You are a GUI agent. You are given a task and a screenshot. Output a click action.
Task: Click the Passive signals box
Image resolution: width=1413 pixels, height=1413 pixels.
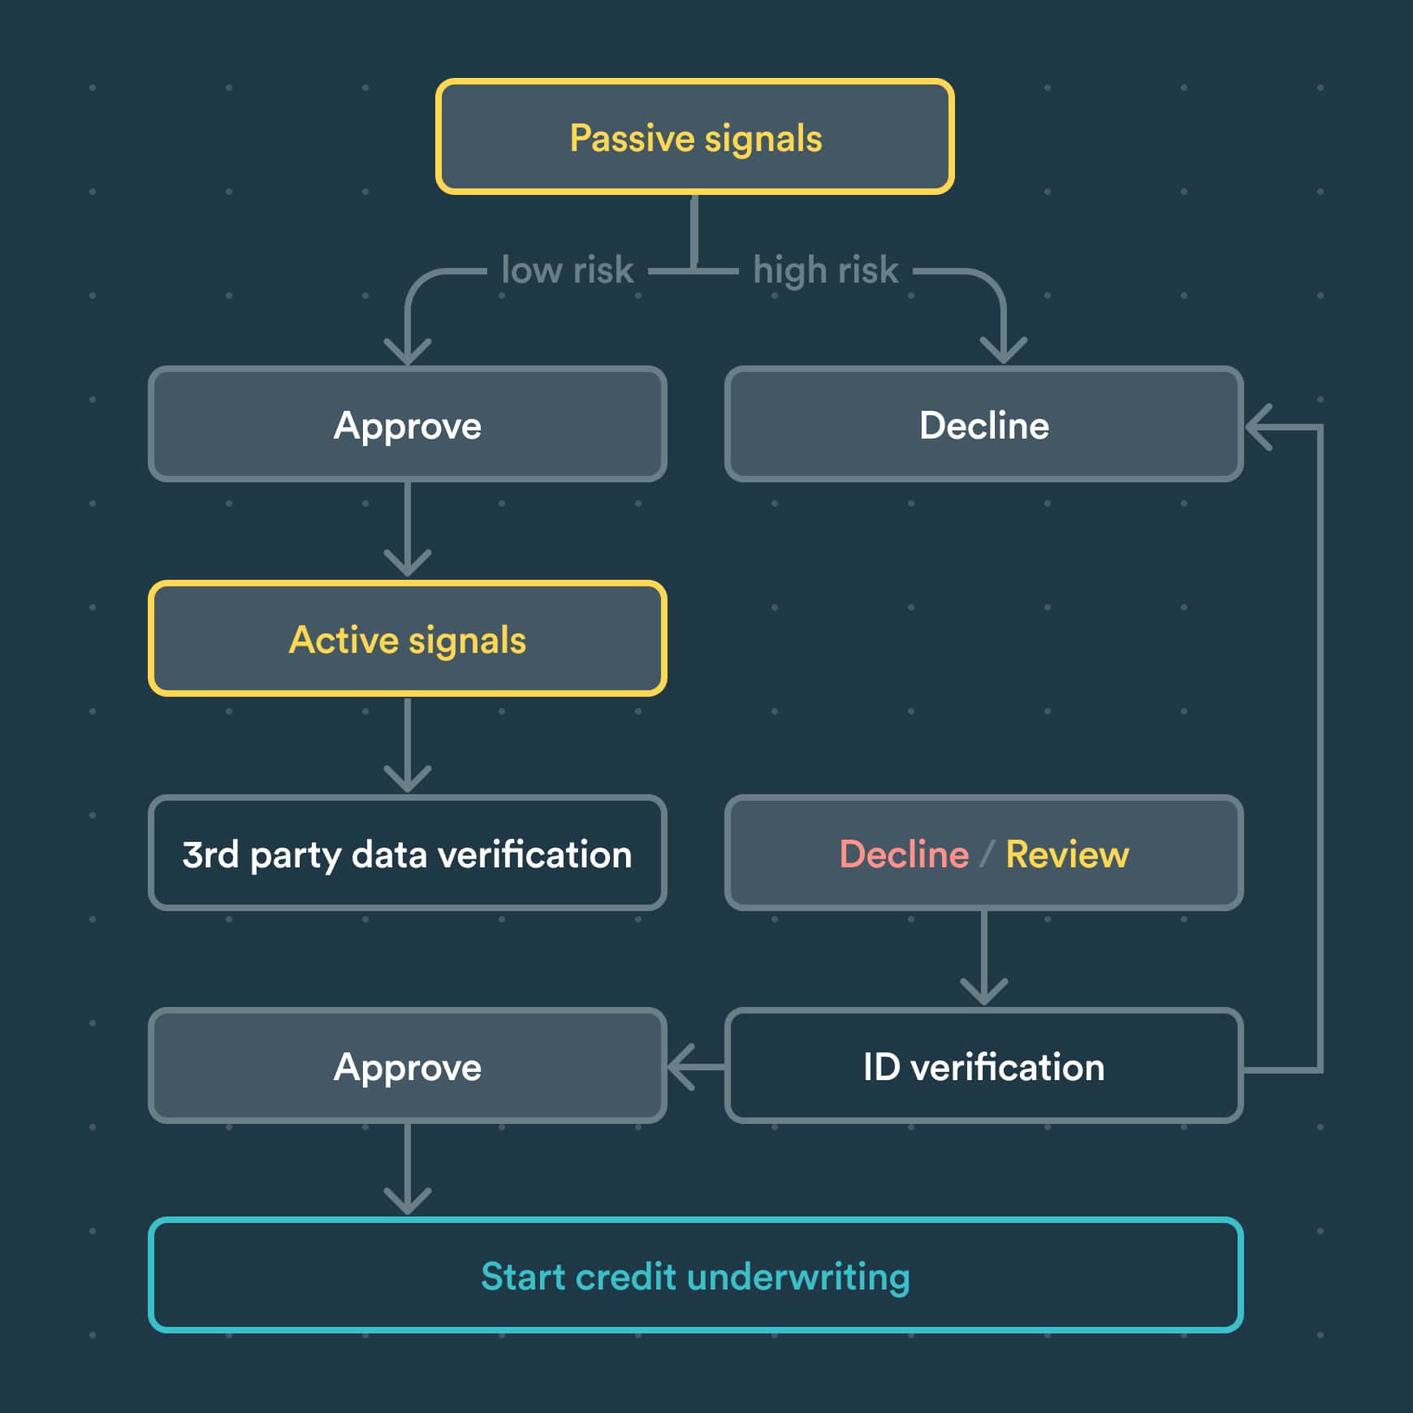tap(694, 136)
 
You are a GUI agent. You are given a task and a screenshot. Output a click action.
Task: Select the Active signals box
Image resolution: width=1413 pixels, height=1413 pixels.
tap(407, 638)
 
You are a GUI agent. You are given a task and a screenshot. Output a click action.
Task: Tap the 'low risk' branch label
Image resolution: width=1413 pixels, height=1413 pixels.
tap(567, 270)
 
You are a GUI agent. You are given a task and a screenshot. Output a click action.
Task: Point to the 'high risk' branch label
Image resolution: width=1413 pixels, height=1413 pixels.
tap(825, 270)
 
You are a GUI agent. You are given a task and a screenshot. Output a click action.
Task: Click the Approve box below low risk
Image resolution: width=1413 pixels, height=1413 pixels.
tap(407, 424)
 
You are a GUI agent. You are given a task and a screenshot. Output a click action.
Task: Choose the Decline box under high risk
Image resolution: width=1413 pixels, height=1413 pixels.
tap(983, 424)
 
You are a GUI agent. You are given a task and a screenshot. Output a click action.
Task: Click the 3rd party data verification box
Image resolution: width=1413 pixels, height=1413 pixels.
tap(407, 853)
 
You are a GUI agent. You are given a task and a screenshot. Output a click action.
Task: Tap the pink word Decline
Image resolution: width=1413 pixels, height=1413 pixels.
tap(903, 853)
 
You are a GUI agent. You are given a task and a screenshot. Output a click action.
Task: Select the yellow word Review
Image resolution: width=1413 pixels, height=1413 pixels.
tap(1067, 853)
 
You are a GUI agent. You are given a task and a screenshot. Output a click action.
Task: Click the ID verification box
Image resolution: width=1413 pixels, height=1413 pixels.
tap(983, 1065)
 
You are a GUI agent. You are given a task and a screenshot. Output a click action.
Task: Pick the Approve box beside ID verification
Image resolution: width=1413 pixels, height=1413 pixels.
tap(407, 1065)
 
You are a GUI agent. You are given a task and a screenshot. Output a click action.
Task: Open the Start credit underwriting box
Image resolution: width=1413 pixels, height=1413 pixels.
tap(695, 1275)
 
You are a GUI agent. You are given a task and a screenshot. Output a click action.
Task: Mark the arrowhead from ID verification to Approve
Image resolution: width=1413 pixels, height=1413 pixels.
tap(679, 1066)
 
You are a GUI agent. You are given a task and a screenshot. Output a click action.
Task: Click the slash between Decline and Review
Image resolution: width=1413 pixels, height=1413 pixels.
tap(987, 853)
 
